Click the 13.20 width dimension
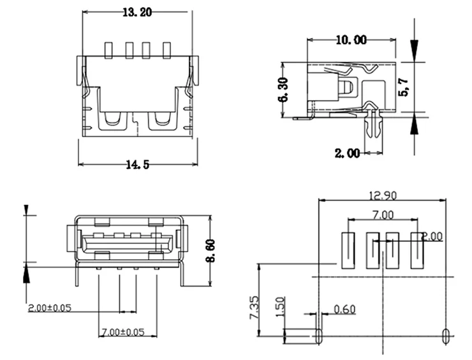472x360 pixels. [137, 12]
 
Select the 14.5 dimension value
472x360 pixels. [137, 165]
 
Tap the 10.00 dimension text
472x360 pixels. [351, 40]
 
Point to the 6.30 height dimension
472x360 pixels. [284, 90]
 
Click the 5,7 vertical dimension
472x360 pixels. [403, 87]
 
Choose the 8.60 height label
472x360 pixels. [210, 251]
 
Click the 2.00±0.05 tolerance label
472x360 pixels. [50, 308]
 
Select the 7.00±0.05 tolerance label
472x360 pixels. [123, 332]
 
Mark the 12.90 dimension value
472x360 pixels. [383, 196]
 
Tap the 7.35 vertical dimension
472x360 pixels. [254, 308]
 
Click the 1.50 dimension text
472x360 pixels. [280, 306]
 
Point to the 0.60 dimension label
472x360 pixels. [344, 309]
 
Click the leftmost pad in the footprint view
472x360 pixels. [348, 250]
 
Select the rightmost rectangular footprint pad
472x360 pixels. [417, 250]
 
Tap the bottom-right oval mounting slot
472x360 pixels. [446, 336]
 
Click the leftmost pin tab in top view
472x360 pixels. [108, 50]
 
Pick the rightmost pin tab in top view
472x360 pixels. [166, 50]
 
